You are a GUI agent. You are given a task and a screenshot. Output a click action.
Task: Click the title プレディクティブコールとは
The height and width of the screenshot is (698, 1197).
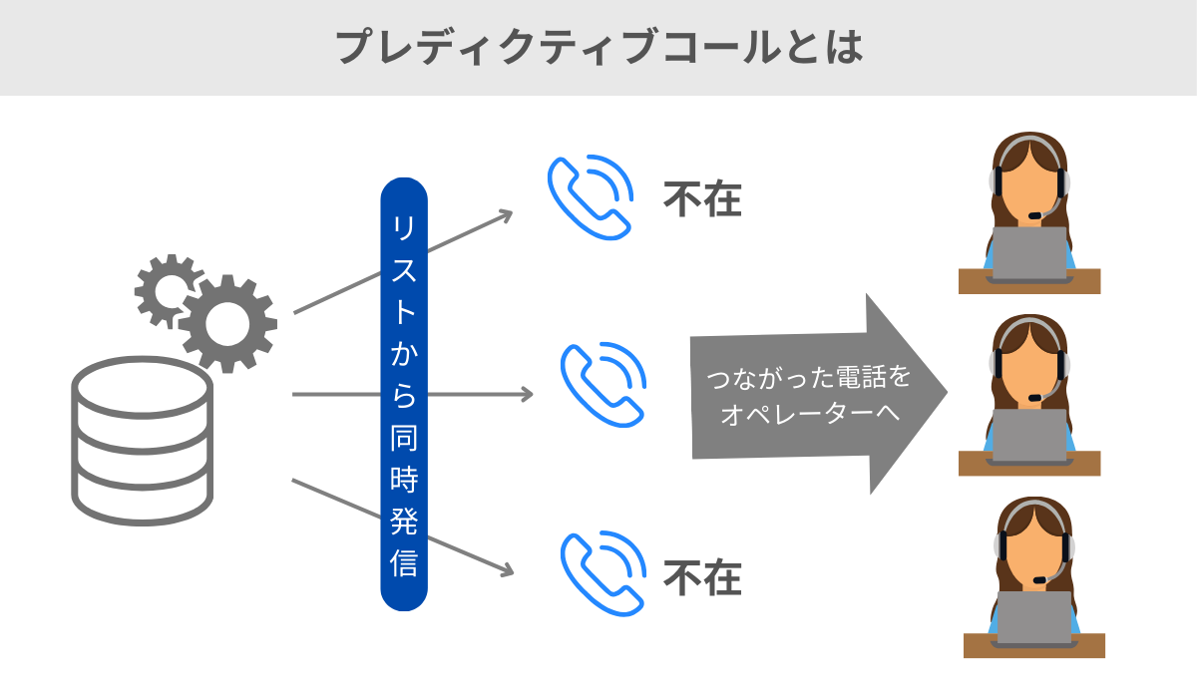click(x=598, y=46)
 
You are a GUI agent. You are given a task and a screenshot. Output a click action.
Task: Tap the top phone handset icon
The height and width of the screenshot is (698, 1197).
click(x=591, y=196)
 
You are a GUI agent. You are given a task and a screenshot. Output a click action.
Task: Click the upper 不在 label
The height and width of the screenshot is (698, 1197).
click(x=703, y=200)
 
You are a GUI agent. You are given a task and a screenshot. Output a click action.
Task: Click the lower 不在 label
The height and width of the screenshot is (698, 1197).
click(x=703, y=577)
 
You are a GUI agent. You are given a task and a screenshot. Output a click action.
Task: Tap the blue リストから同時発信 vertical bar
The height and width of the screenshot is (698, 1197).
click(x=404, y=394)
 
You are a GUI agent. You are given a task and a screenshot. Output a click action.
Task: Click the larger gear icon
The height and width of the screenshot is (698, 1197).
click(x=227, y=321)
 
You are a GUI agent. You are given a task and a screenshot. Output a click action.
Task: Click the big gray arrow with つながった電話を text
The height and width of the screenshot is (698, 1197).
click(x=818, y=394)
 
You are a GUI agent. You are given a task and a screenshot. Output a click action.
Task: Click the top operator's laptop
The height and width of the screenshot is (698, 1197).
click(x=1029, y=252)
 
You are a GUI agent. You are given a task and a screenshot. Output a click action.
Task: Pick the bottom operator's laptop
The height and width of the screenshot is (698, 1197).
click(x=1033, y=616)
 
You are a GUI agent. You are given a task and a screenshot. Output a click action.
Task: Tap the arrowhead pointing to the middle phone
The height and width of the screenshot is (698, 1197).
click(x=528, y=394)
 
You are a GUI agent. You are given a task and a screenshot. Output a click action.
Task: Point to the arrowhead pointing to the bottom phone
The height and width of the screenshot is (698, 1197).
click(x=507, y=571)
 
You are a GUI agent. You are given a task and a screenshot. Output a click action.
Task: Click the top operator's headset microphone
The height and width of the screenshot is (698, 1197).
click(x=1038, y=214)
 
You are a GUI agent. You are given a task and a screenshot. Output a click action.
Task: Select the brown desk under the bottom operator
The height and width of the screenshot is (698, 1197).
click(x=1033, y=646)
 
